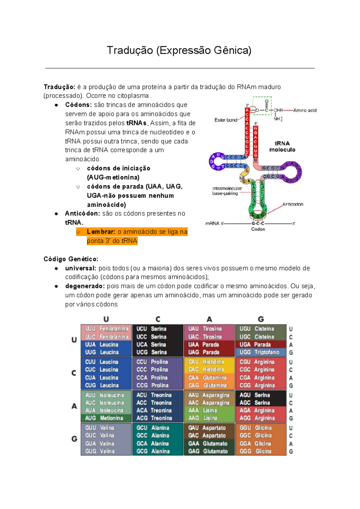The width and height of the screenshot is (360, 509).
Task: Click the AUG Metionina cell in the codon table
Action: point(106,418)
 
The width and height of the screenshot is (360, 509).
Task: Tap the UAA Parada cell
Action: point(209,345)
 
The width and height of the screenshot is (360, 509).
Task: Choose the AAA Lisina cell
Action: point(209,410)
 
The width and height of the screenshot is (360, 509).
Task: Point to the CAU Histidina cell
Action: point(209,362)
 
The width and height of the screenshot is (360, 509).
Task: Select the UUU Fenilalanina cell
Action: point(106,329)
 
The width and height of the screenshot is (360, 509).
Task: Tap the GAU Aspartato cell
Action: point(209,428)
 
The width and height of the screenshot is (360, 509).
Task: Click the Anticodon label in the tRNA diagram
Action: point(292,204)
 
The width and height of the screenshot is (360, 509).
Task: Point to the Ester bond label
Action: point(226,120)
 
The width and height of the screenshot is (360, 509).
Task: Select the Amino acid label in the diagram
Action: point(304,110)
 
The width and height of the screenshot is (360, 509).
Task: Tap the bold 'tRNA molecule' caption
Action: point(282,147)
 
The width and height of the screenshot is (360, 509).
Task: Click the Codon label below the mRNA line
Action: point(258,229)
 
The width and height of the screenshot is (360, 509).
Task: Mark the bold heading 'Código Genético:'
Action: point(71,259)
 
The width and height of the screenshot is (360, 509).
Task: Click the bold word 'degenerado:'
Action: point(85,286)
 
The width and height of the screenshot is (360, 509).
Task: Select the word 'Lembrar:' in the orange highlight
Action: point(101,232)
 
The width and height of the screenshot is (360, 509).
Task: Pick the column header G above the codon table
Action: point(261,319)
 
